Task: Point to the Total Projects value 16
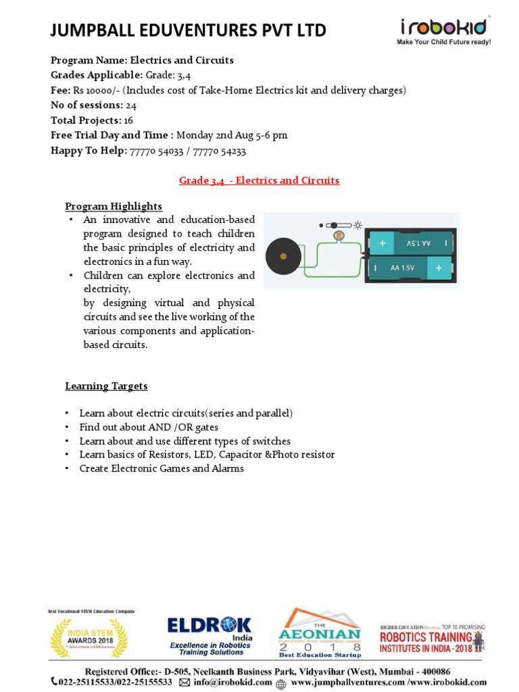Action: pyautogui.click(x=128, y=120)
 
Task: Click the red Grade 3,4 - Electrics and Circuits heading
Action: pyautogui.click(x=259, y=180)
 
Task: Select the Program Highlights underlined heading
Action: pyautogui.click(x=114, y=206)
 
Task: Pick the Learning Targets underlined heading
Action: pyautogui.click(x=106, y=386)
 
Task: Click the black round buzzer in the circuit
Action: pyautogui.click(x=283, y=256)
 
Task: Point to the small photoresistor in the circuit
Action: pyautogui.click(x=339, y=235)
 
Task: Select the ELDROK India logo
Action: pyautogui.click(x=209, y=635)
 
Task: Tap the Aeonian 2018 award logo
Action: pyautogui.click(x=320, y=634)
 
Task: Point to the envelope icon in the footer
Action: pyautogui.click(x=184, y=683)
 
